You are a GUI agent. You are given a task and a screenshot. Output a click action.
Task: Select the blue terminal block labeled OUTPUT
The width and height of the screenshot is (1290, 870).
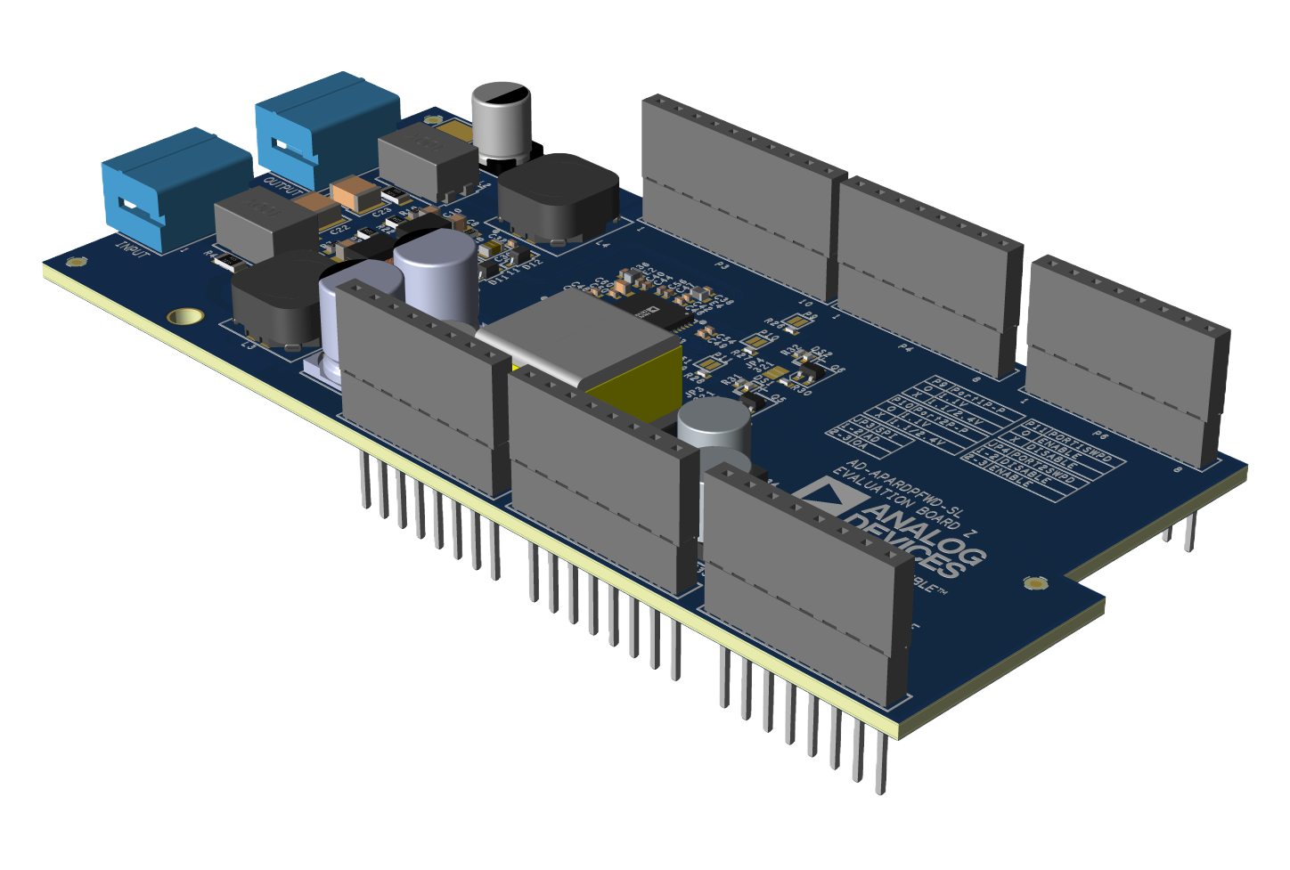point(325,125)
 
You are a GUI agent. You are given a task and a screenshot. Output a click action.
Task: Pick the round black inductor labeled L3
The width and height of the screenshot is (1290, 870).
point(276,298)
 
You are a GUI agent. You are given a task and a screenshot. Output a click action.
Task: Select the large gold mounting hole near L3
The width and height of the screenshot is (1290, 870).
point(185,316)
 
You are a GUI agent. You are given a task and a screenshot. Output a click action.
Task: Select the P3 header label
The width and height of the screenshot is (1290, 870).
point(722,265)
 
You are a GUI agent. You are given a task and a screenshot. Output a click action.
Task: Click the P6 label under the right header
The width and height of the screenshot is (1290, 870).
point(1100,435)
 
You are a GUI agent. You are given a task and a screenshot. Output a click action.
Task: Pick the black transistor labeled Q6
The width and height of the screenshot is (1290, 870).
point(812,364)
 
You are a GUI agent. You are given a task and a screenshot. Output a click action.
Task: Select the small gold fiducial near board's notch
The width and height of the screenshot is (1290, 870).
point(1034,583)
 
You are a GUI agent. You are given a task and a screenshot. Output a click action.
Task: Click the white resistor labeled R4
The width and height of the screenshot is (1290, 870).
point(228,260)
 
